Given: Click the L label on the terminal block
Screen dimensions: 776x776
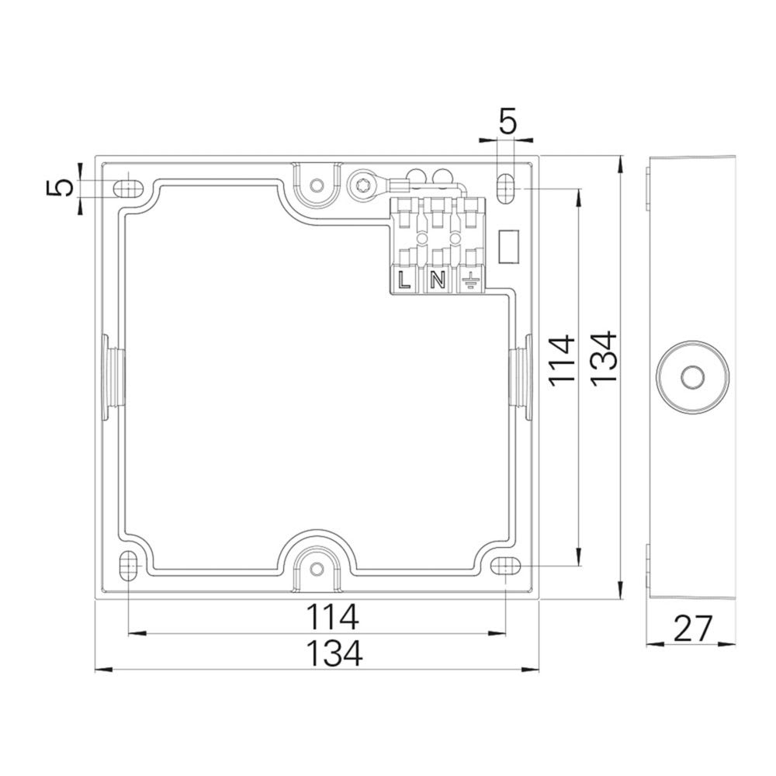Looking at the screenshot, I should (x=404, y=280).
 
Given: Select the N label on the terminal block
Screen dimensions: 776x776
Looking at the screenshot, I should (x=437, y=280).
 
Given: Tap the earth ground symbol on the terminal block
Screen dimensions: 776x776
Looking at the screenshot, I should (x=469, y=280).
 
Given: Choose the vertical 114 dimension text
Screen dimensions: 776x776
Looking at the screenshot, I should (x=560, y=358).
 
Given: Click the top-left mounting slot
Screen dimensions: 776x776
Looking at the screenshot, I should (x=127, y=188).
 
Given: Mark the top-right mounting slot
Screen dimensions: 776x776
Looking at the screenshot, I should (x=505, y=189).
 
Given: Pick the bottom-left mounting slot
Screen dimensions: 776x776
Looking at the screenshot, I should (x=127, y=566).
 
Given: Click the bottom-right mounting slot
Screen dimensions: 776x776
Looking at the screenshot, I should (x=505, y=566).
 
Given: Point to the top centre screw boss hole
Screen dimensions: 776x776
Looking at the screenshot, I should (x=316, y=185).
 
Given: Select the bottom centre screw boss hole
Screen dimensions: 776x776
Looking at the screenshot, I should (x=316, y=568).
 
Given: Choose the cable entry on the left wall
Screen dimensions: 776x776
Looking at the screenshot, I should (x=109, y=377).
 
